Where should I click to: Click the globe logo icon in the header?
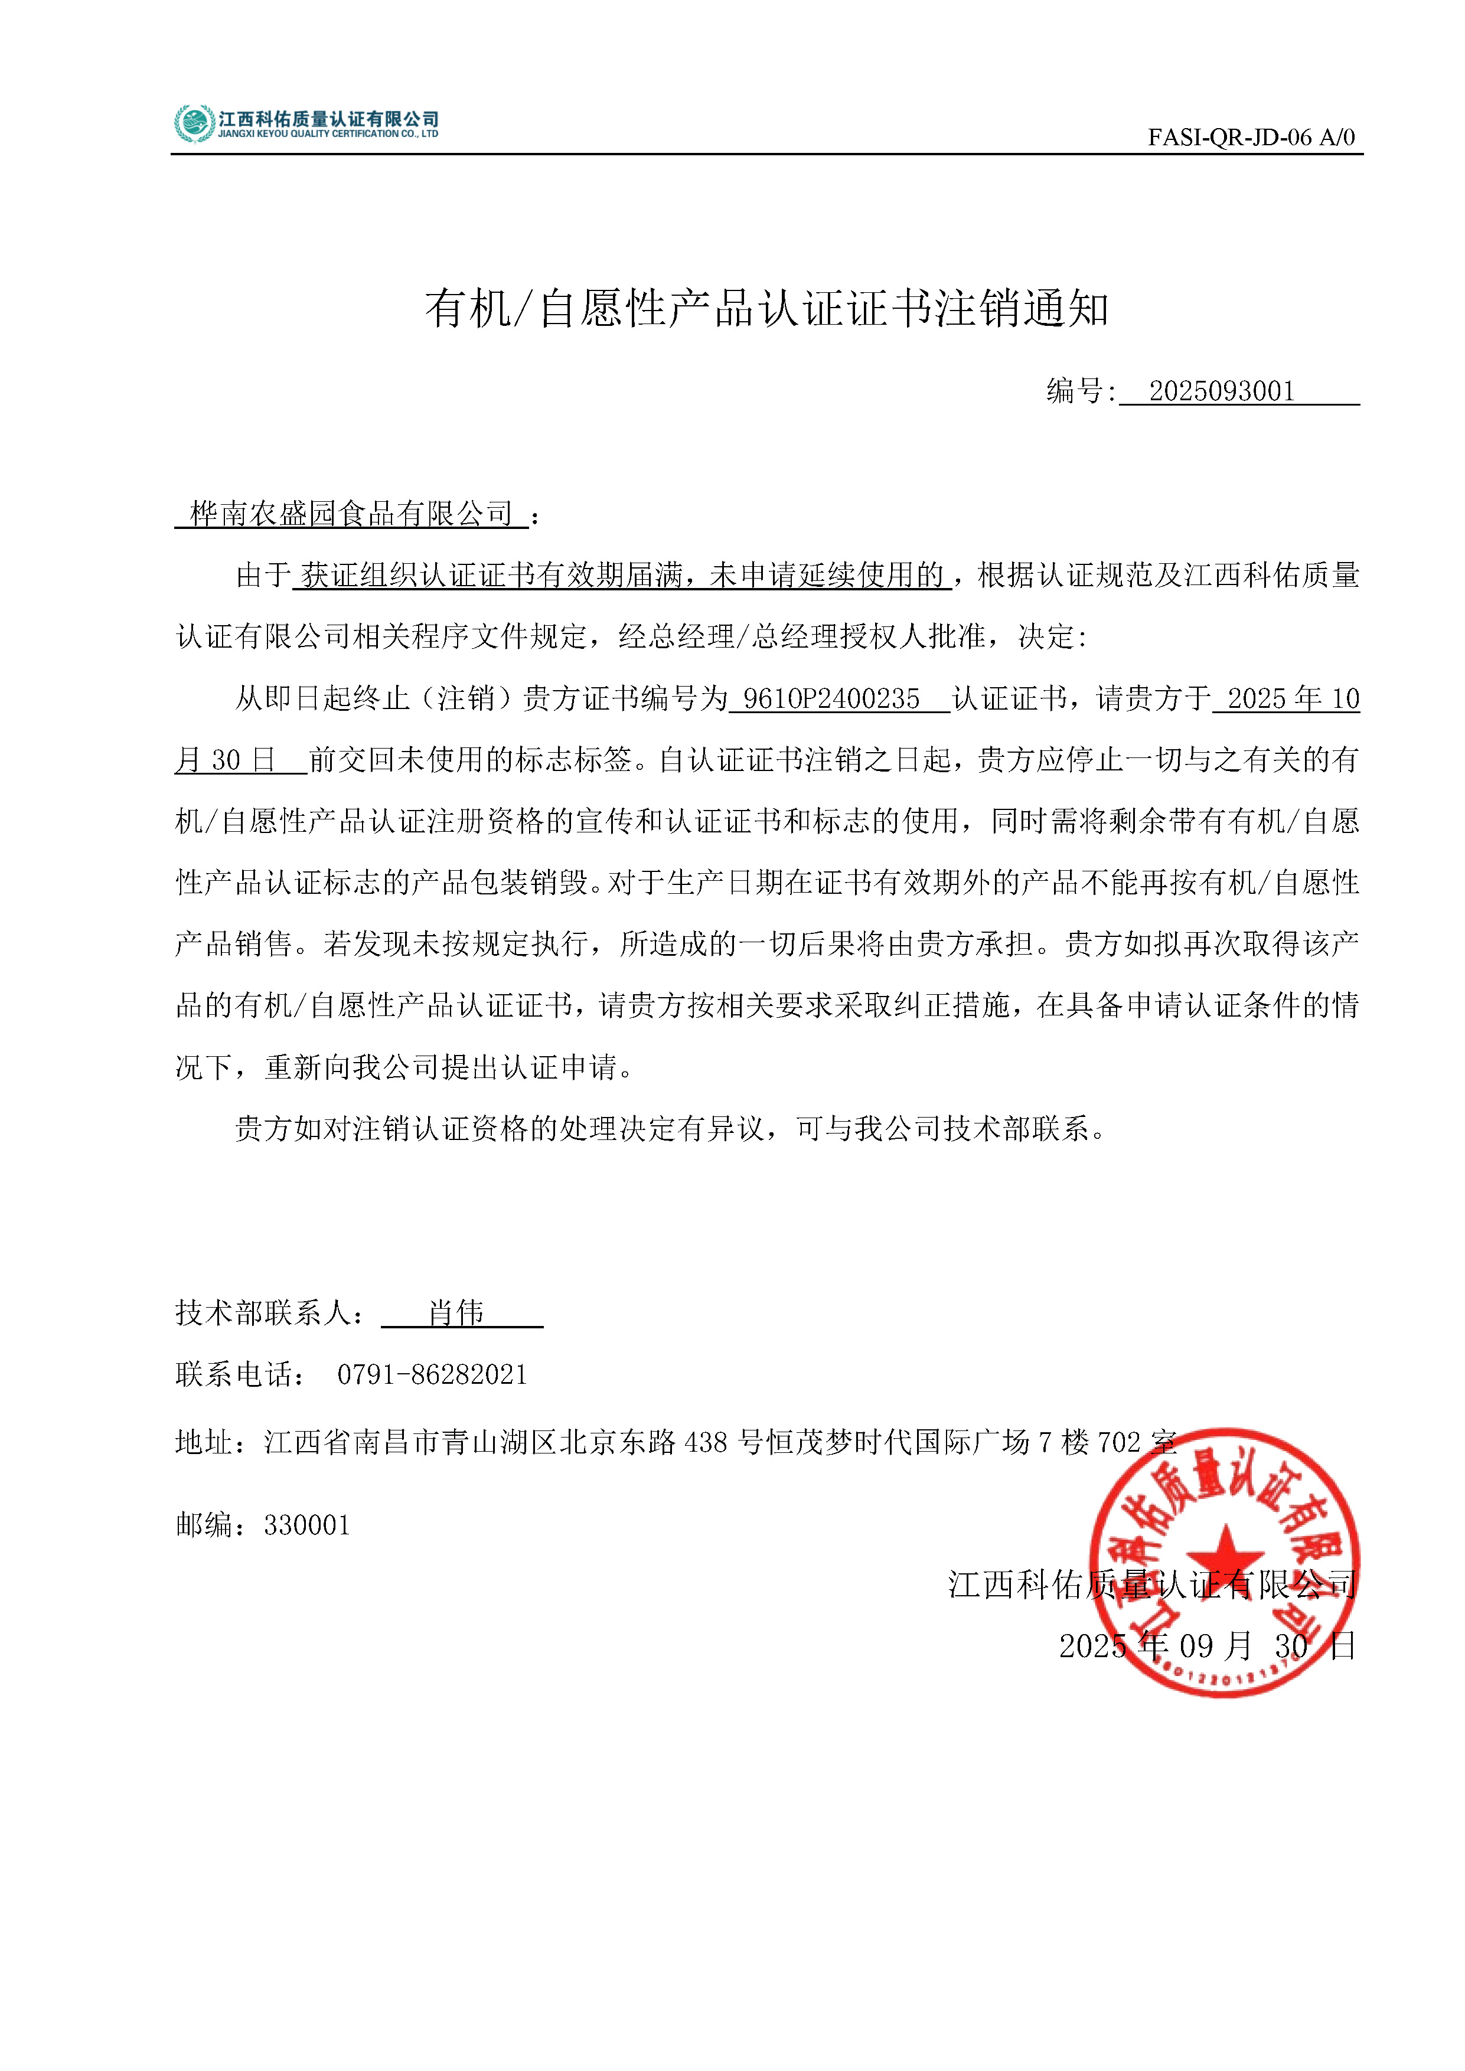pyautogui.click(x=194, y=123)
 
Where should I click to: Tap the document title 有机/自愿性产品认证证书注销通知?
pyautogui.click(x=767, y=309)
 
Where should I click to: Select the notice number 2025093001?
pyautogui.click(x=1222, y=391)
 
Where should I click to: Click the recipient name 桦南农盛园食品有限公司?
pyautogui.click(x=351, y=514)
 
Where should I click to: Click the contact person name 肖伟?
pyautogui.click(x=456, y=1312)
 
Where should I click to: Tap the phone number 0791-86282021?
pyautogui.click(x=432, y=1374)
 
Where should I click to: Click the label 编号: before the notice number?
pyautogui.click(x=1081, y=391)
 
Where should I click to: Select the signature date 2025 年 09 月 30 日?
pyautogui.click(x=1207, y=1646)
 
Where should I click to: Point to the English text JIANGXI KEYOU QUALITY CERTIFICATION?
pyautogui.click(x=328, y=135)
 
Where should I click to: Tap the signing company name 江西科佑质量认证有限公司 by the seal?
pyautogui.click(x=1152, y=1585)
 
